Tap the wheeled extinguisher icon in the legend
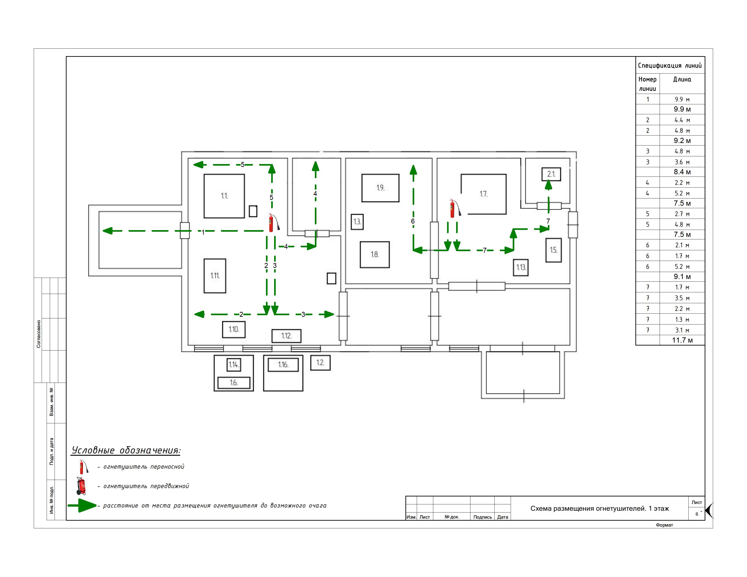click(x=81, y=486)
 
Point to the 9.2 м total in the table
click(x=682, y=141)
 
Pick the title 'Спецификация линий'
click(x=670, y=66)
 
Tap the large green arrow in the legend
click(x=82, y=505)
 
